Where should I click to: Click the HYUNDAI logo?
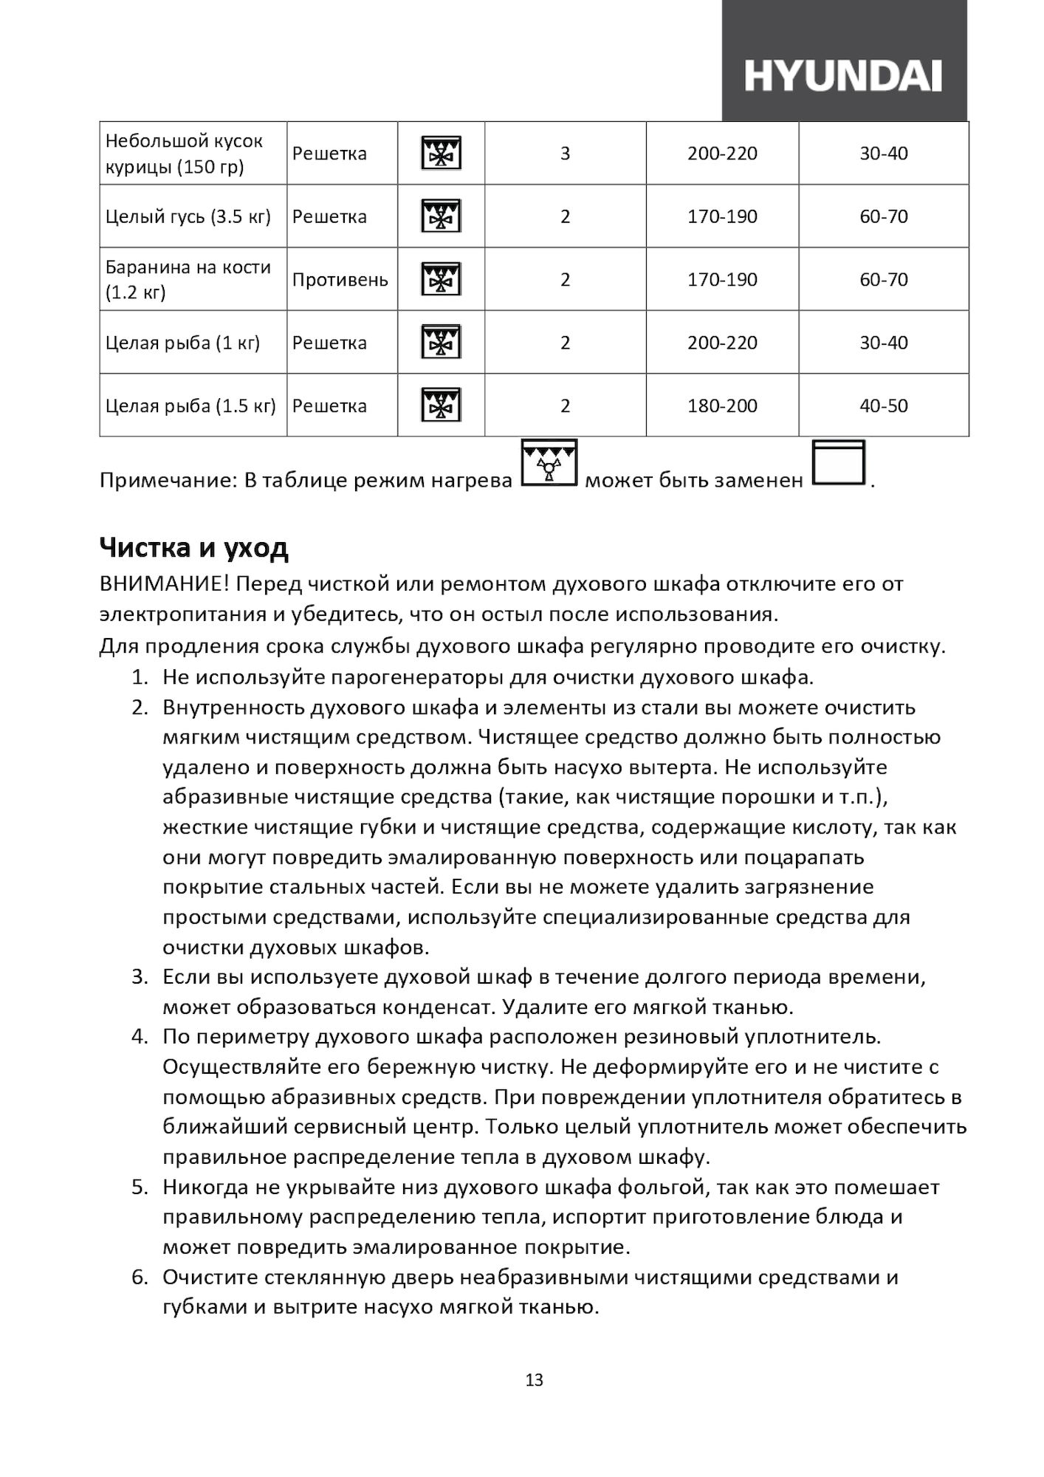pyautogui.click(x=842, y=76)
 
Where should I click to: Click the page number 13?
pyautogui.click(x=535, y=1380)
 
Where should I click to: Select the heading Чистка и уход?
pyautogui.click(x=193, y=548)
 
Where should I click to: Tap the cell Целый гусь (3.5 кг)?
pyautogui.click(x=188, y=217)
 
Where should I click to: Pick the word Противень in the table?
pyautogui.click(x=340, y=280)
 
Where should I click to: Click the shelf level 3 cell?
pyautogui.click(x=565, y=154)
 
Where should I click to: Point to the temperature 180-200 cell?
pyautogui.click(x=722, y=406)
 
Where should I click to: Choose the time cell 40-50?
pyautogui.click(x=883, y=406)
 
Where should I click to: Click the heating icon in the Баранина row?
pyautogui.click(x=441, y=280)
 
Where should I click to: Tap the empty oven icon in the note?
pyautogui.click(x=838, y=463)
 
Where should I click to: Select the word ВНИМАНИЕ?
pyautogui.click(x=165, y=584)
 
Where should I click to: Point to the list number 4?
pyautogui.click(x=140, y=1037)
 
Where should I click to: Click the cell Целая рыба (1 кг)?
pyautogui.click(x=182, y=343)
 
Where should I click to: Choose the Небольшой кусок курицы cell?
pyautogui.click(x=184, y=154)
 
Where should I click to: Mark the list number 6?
pyautogui.click(x=140, y=1278)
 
